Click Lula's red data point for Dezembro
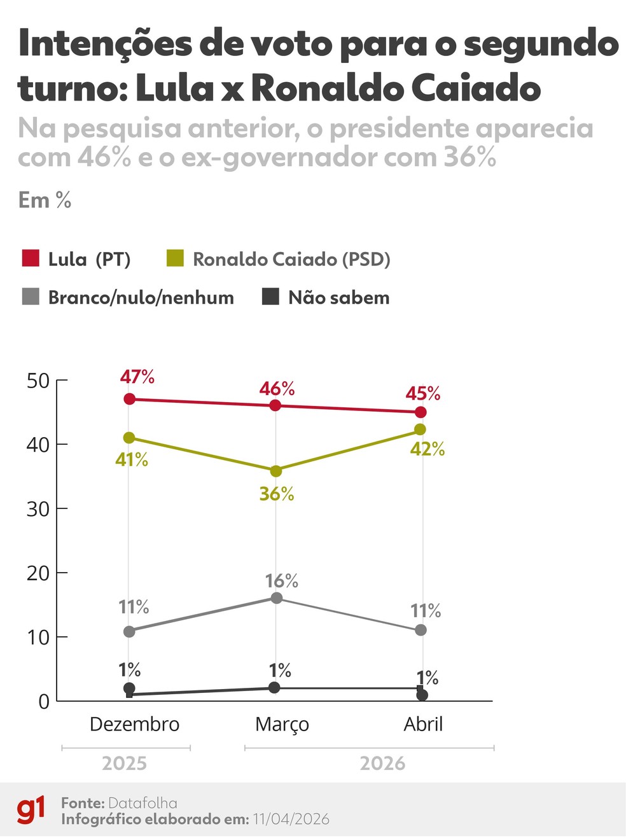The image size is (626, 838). point(129,399)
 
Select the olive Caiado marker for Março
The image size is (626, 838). point(276,471)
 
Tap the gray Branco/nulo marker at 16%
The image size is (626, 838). point(277,597)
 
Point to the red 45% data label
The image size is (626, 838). point(423,393)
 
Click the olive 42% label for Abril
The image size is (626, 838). point(427,449)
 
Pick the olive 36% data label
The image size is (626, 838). point(277,494)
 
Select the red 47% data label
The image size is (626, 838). point(137,377)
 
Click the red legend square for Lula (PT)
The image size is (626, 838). point(31,258)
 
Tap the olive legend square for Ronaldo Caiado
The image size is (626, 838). point(175,258)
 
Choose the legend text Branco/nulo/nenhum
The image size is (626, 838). point(141,297)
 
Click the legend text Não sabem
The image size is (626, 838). point(338,297)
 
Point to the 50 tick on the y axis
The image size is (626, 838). point(38,381)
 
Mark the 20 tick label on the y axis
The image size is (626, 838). point(38,573)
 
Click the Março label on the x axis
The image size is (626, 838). point(282,724)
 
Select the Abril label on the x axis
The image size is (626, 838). point(423,724)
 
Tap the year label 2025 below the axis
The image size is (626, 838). point(124,763)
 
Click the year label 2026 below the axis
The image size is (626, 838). point(382,763)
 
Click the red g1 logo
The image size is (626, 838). point(31,810)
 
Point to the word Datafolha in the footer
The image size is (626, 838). point(143,803)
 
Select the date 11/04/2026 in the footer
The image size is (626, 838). point(291,819)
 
